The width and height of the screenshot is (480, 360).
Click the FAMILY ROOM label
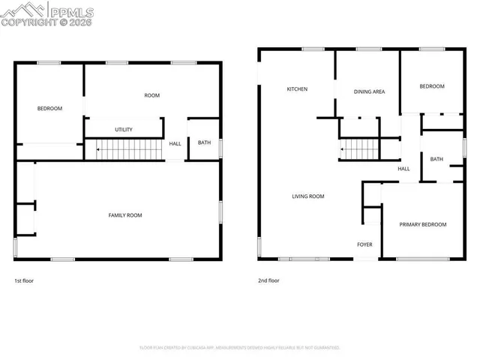(125, 215)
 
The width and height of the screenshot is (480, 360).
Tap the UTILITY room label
(124, 130)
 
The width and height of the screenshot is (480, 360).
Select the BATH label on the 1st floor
(204, 142)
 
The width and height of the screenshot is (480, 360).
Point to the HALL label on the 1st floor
(175, 144)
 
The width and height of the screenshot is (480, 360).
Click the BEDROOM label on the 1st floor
(49, 109)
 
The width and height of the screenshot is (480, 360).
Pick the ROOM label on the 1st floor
(152, 95)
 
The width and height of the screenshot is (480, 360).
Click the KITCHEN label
(297, 89)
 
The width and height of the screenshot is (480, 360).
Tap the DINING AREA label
(369, 91)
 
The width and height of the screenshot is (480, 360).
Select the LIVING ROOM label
(307, 196)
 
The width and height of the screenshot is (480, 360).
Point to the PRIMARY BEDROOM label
(422, 224)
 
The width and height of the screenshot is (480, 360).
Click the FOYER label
(364, 244)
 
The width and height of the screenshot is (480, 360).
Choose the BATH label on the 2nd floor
(436, 159)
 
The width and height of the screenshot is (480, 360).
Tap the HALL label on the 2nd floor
(403, 169)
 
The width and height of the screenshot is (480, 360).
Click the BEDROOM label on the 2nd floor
(431, 86)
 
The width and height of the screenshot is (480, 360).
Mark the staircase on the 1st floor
(129, 151)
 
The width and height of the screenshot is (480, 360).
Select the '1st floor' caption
(24, 280)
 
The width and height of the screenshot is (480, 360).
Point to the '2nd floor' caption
(268, 280)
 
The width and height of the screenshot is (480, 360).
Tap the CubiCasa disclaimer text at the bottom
(239, 347)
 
